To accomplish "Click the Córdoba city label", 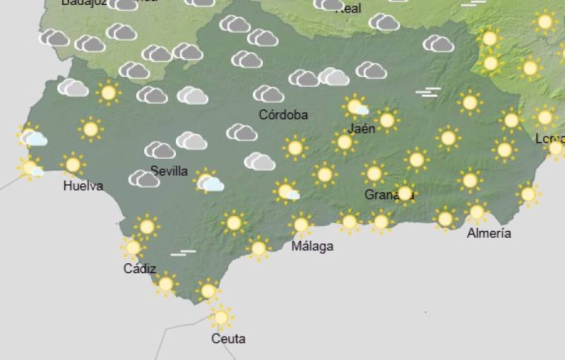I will click(x=283, y=114).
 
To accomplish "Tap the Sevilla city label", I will click(x=169, y=171).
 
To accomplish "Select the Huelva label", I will click(x=83, y=186).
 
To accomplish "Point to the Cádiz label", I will click(x=139, y=268).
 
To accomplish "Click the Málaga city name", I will click(x=312, y=246).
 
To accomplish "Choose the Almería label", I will click(x=489, y=233).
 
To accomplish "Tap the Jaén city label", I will click(x=362, y=128).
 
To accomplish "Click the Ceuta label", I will click(x=228, y=339).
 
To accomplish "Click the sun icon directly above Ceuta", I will click(x=221, y=317).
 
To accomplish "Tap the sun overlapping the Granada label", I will click(x=405, y=192).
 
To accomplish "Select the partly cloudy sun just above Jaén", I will click(x=356, y=107).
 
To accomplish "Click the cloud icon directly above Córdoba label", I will click(x=268, y=94).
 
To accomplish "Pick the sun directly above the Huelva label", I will click(x=72, y=164).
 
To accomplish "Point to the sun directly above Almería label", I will click(x=477, y=211).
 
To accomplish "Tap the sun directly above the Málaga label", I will click(x=301, y=225).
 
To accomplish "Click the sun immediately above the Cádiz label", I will click(x=132, y=248).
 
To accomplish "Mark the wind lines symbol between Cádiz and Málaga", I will click(x=183, y=252).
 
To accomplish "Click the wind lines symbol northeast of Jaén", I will click(x=427, y=92).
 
